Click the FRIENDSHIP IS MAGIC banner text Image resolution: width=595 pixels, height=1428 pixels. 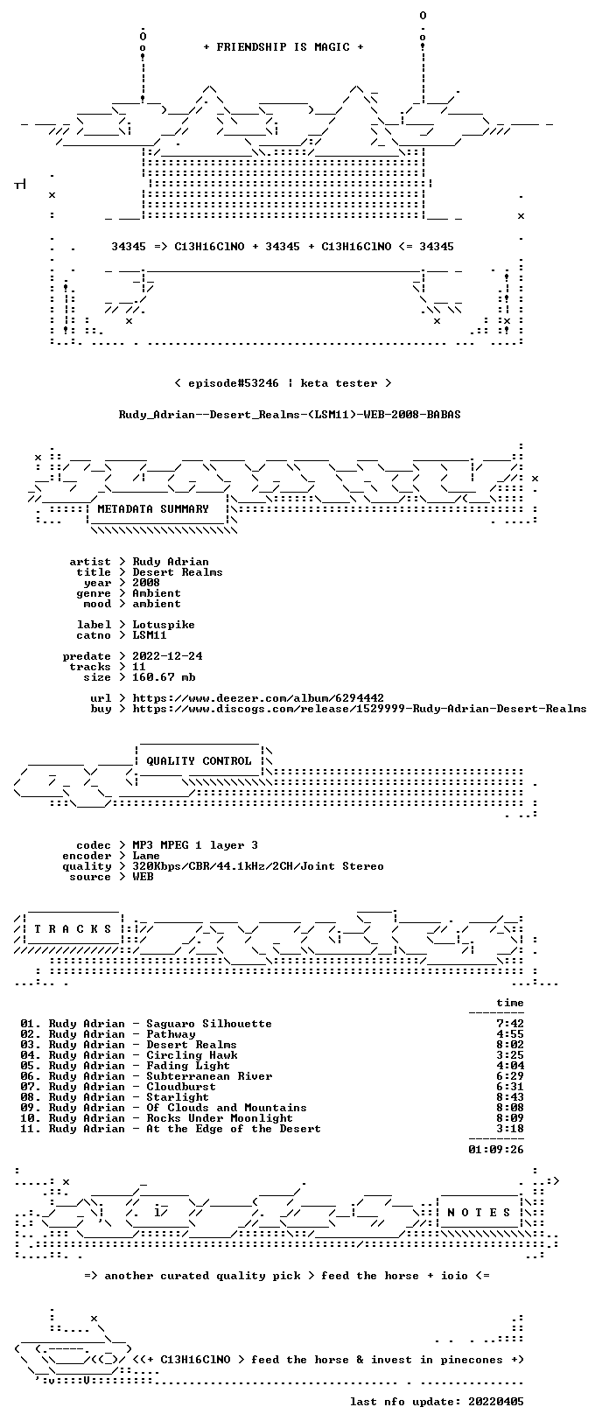click(x=283, y=47)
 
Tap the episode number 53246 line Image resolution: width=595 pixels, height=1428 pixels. click(x=283, y=383)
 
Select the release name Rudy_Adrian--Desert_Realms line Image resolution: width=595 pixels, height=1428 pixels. click(x=290, y=415)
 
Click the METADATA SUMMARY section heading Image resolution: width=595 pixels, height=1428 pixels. click(x=153, y=508)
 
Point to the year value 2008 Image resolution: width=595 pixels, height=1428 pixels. click(x=146, y=583)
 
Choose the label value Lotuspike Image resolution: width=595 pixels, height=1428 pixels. click(x=164, y=625)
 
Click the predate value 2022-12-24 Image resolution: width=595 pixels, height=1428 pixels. click(x=167, y=656)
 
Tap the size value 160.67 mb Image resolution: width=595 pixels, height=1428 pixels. click(x=164, y=677)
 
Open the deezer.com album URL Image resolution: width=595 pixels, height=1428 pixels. click(x=258, y=698)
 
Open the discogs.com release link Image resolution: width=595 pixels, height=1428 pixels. click(x=360, y=708)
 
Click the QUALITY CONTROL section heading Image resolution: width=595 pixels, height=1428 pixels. click(x=199, y=760)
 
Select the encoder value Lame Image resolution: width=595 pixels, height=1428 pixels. click(x=146, y=856)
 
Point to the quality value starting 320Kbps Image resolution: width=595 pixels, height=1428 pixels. click(x=258, y=866)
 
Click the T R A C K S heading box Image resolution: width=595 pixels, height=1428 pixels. click(x=73, y=929)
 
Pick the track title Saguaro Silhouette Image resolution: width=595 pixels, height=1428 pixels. click(x=209, y=1024)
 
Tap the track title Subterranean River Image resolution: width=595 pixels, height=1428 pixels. click(x=209, y=1076)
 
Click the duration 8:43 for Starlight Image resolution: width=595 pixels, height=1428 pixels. click(x=510, y=1097)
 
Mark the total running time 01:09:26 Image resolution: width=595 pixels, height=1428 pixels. click(x=496, y=1150)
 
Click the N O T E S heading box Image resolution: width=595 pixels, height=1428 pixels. click(x=479, y=1213)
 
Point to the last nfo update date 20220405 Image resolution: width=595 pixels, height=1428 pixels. click(x=496, y=1401)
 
